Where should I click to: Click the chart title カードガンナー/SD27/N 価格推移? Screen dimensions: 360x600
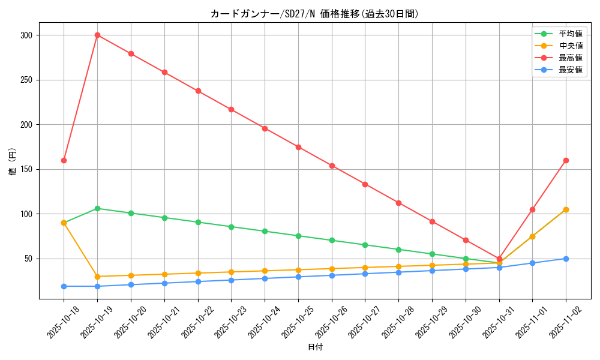pyautogui.click(x=314, y=14)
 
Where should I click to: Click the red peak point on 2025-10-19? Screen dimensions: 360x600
pyautogui.click(x=97, y=35)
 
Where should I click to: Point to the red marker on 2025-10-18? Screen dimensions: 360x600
pyautogui.click(x=64, y=160)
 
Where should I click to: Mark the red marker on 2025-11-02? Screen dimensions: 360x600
pyautogui.click(x=566, y=160)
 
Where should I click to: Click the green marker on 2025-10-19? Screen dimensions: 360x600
pyautogui.click(x=97, y=208)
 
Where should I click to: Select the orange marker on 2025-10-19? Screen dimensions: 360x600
pyautogui.click(x=97, y=277)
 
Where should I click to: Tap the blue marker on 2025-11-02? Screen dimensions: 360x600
pyautogui.click(x=566, y=259)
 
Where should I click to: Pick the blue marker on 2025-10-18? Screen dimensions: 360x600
pyautogui.click(x=64, y=286)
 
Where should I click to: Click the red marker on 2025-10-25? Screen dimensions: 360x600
pyautogui.click(x=298, y=147)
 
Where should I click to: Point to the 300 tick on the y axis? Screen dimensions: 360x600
pyautogui.click(x=26, y=35)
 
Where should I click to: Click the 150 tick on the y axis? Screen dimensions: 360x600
pyautogui.click(x=26, y=169)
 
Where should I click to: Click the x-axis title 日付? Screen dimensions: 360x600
pyautogui.click(x=314, y=347)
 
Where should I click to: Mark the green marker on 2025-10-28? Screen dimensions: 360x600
pyautogui.click(x=398, y=250)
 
